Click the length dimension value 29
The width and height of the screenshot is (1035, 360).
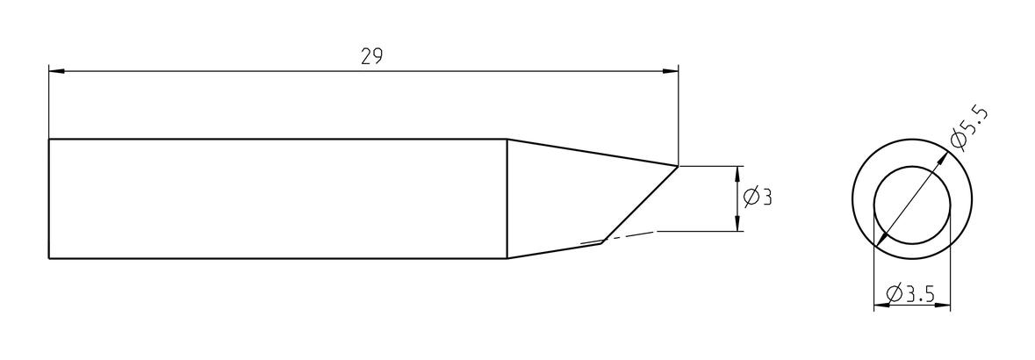(371, 57)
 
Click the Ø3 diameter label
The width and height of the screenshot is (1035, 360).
(758, 197)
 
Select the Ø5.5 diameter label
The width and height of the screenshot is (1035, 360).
(969, 130)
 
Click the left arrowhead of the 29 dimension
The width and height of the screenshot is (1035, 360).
(56, 70)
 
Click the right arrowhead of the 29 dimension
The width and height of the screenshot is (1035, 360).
(671, 70)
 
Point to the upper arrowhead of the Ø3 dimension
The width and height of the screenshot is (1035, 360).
(738, 174)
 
